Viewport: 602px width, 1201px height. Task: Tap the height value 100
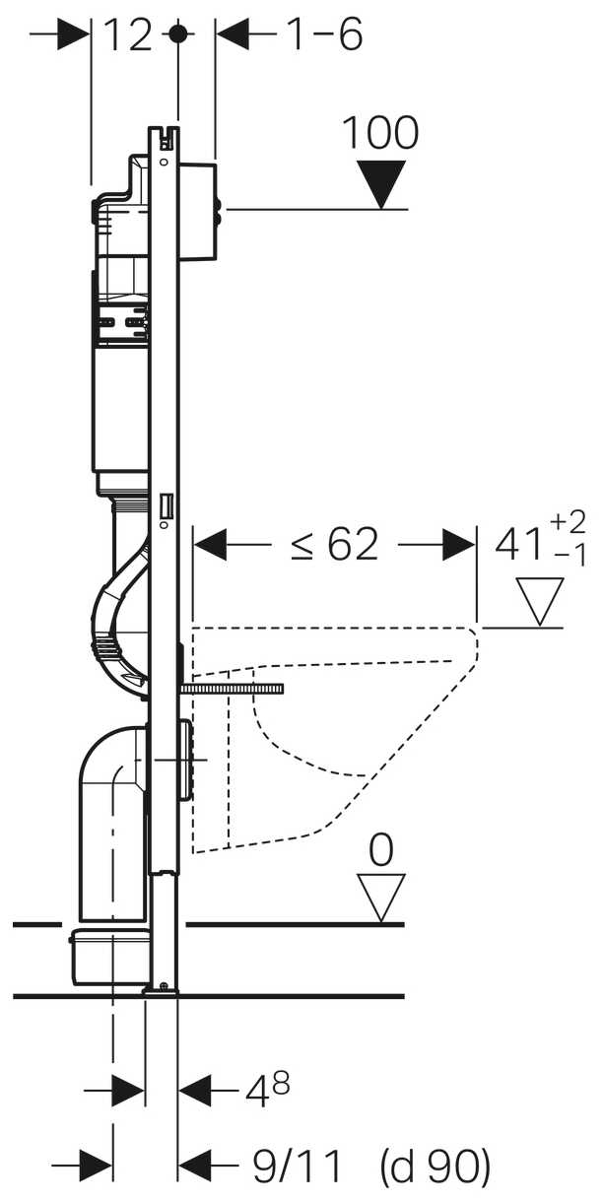point(380,132)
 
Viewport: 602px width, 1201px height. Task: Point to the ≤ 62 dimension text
point(335,545)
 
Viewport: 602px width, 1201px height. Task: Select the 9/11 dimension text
point(297,1166)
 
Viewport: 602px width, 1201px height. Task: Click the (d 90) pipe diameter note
point(435,1166)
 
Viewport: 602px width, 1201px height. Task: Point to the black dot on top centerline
point(177,34)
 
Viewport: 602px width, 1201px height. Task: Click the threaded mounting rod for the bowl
point(233,689)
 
